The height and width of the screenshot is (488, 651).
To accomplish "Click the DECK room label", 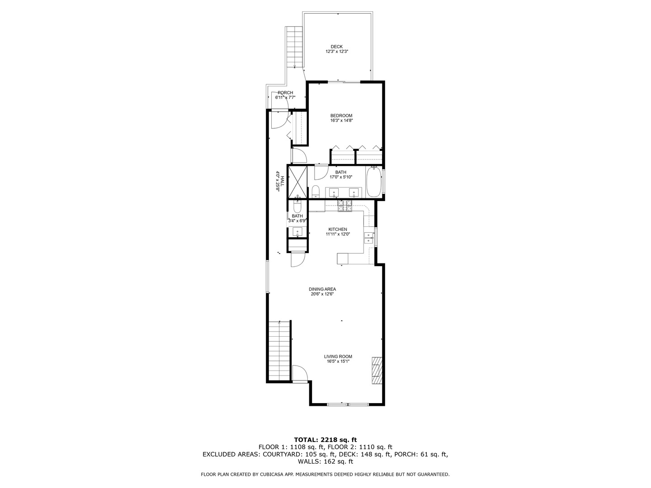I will (336, 47).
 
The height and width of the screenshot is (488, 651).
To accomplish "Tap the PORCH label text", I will (285, 93).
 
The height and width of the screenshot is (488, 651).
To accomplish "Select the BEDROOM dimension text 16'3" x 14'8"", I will (341, 121).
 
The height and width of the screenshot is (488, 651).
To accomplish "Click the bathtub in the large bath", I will (373, 182).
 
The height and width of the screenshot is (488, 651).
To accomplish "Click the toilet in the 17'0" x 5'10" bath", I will (316, 191).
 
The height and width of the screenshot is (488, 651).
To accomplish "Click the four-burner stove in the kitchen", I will (345, 206).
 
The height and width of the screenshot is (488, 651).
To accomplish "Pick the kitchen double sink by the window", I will (368, 238).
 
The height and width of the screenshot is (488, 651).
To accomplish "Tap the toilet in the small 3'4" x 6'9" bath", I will (297, 207).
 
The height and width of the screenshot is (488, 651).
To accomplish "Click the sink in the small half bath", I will (297, 232).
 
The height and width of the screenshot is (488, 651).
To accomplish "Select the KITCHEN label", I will (338, 230).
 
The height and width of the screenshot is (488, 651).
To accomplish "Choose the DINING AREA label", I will (322, 289).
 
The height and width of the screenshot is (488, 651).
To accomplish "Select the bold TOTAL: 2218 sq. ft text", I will (325, 439).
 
